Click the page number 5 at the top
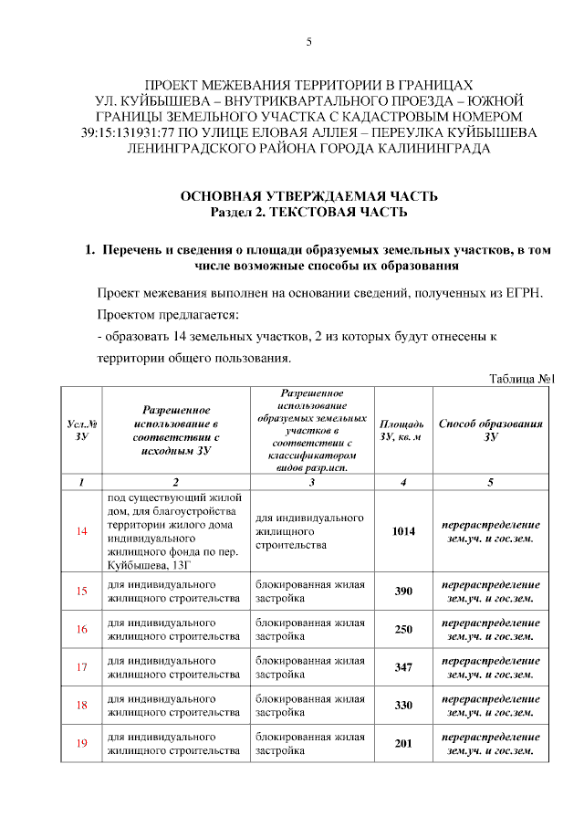coord(308,42)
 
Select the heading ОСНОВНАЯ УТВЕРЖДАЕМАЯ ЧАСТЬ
coord(308,196)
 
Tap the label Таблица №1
coord(522,379)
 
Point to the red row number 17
coord(81,666)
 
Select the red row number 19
coord(81,743)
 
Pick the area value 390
coord(403,591)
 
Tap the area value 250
coord(403,629)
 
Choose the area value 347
coord(403,667)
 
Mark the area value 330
coord(403,705)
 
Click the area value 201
coord(403,743)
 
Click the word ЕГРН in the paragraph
coord(523,293)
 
